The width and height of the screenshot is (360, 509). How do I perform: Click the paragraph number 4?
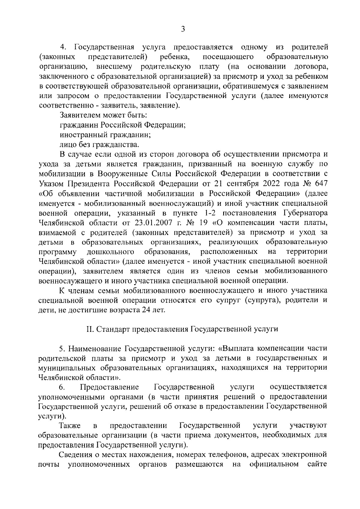(63, 47)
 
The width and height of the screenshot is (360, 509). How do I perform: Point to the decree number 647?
(320, 184)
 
